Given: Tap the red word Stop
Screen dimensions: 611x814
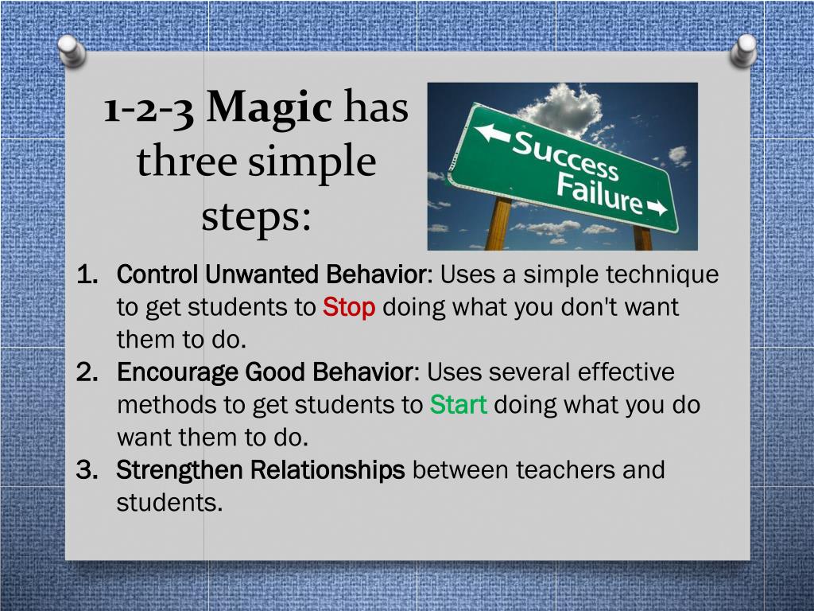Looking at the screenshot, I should pos(348,308).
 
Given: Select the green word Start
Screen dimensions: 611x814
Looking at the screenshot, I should pos(458,405).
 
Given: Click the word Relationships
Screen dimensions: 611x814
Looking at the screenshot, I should pos(328,470).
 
